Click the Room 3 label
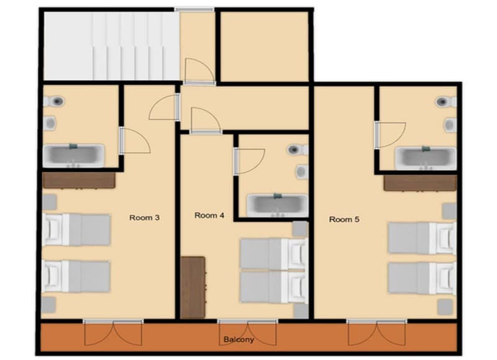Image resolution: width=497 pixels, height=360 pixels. (144, 218)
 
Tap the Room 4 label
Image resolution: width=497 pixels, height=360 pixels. (209, 216)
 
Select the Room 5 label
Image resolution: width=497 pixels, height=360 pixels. (344, 219)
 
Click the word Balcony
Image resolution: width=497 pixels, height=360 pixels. (239, 340)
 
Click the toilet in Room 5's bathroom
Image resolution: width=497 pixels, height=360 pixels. (443, 102)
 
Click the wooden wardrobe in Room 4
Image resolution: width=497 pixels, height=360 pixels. (193, 287)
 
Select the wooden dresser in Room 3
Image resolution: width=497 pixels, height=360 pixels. (79, 181)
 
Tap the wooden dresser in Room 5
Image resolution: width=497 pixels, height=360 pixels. (420, 182)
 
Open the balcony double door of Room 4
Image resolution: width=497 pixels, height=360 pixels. (247, 333)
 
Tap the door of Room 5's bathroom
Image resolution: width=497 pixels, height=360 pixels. (390, 135)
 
